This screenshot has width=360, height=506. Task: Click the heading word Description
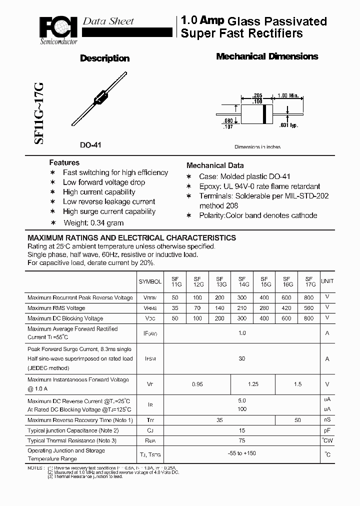104,58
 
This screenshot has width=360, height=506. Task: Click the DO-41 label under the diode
90,145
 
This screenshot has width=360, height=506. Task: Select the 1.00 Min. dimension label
287,95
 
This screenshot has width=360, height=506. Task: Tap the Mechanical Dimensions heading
267,56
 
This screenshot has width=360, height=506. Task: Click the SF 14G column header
242,281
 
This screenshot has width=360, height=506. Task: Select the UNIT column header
327,281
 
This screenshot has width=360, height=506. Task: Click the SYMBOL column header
150,281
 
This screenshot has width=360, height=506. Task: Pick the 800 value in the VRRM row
308,297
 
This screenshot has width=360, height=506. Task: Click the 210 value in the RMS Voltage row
242,308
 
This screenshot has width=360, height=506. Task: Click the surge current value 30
242,358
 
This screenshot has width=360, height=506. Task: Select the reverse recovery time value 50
297,420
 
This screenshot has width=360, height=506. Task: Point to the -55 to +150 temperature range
242,453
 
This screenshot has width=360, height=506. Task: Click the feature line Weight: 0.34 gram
93,223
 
